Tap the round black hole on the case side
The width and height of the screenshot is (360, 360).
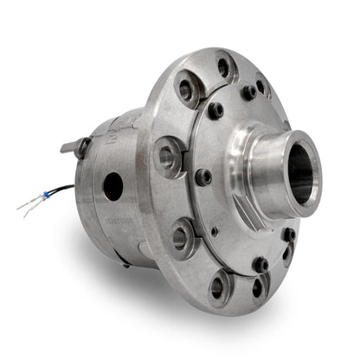pos(112,184)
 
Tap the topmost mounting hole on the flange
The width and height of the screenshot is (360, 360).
pos(224,66)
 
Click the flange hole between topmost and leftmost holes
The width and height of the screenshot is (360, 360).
pos(186,89)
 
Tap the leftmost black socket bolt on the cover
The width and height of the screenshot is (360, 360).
pos(203,178)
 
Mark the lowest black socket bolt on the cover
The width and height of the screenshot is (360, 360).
pos(260,264)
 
